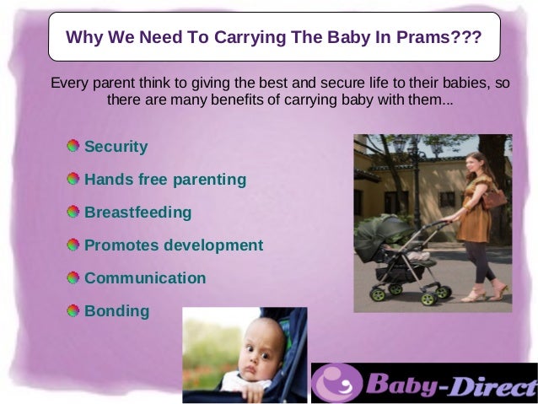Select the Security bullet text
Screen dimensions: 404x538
(116, 147)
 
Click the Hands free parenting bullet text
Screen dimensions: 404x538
(165, 180)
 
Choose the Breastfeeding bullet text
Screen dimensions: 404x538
(138, 213)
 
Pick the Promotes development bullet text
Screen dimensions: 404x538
(174, 245)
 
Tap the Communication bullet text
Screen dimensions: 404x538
(145, 278)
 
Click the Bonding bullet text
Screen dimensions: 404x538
(117, 311)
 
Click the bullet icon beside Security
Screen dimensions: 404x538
(74, 146)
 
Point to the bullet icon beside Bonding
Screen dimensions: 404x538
(74, 310)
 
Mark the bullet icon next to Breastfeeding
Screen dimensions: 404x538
(74, 212)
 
